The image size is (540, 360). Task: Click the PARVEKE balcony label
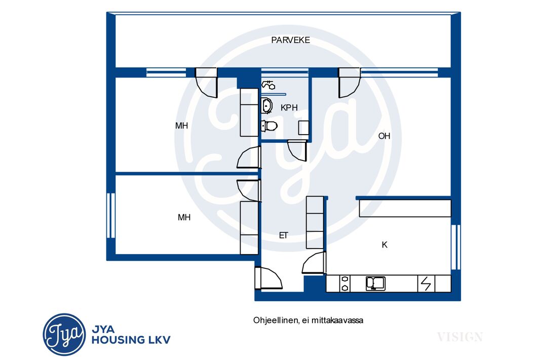coord(290,41)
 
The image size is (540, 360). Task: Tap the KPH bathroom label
coord(289,108)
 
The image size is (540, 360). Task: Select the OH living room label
coord(384,136)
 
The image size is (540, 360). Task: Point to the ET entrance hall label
coord(284,235)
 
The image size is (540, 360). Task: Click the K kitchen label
coord(384,245)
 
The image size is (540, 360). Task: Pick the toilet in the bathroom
coord(269,126)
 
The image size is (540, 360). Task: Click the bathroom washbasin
coord(267,105)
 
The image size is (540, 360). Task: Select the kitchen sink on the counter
coord(375,284)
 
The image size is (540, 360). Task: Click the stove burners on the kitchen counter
coord(345,284)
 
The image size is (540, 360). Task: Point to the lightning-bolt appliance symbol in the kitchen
coord(426,284)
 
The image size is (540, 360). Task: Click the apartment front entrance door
coord(268,278)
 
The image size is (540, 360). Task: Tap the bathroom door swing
coord(297,150)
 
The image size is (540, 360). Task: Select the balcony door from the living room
coord(349,83)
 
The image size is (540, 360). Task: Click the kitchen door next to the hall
coord(314,263)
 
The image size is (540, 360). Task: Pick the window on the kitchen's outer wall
coord(455,247)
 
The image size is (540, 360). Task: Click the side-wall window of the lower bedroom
coord(111,216)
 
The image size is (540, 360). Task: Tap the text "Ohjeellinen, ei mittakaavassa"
coord(308,321)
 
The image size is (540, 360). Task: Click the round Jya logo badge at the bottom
coord(64,335)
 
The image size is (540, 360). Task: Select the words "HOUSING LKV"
coord(131,340)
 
